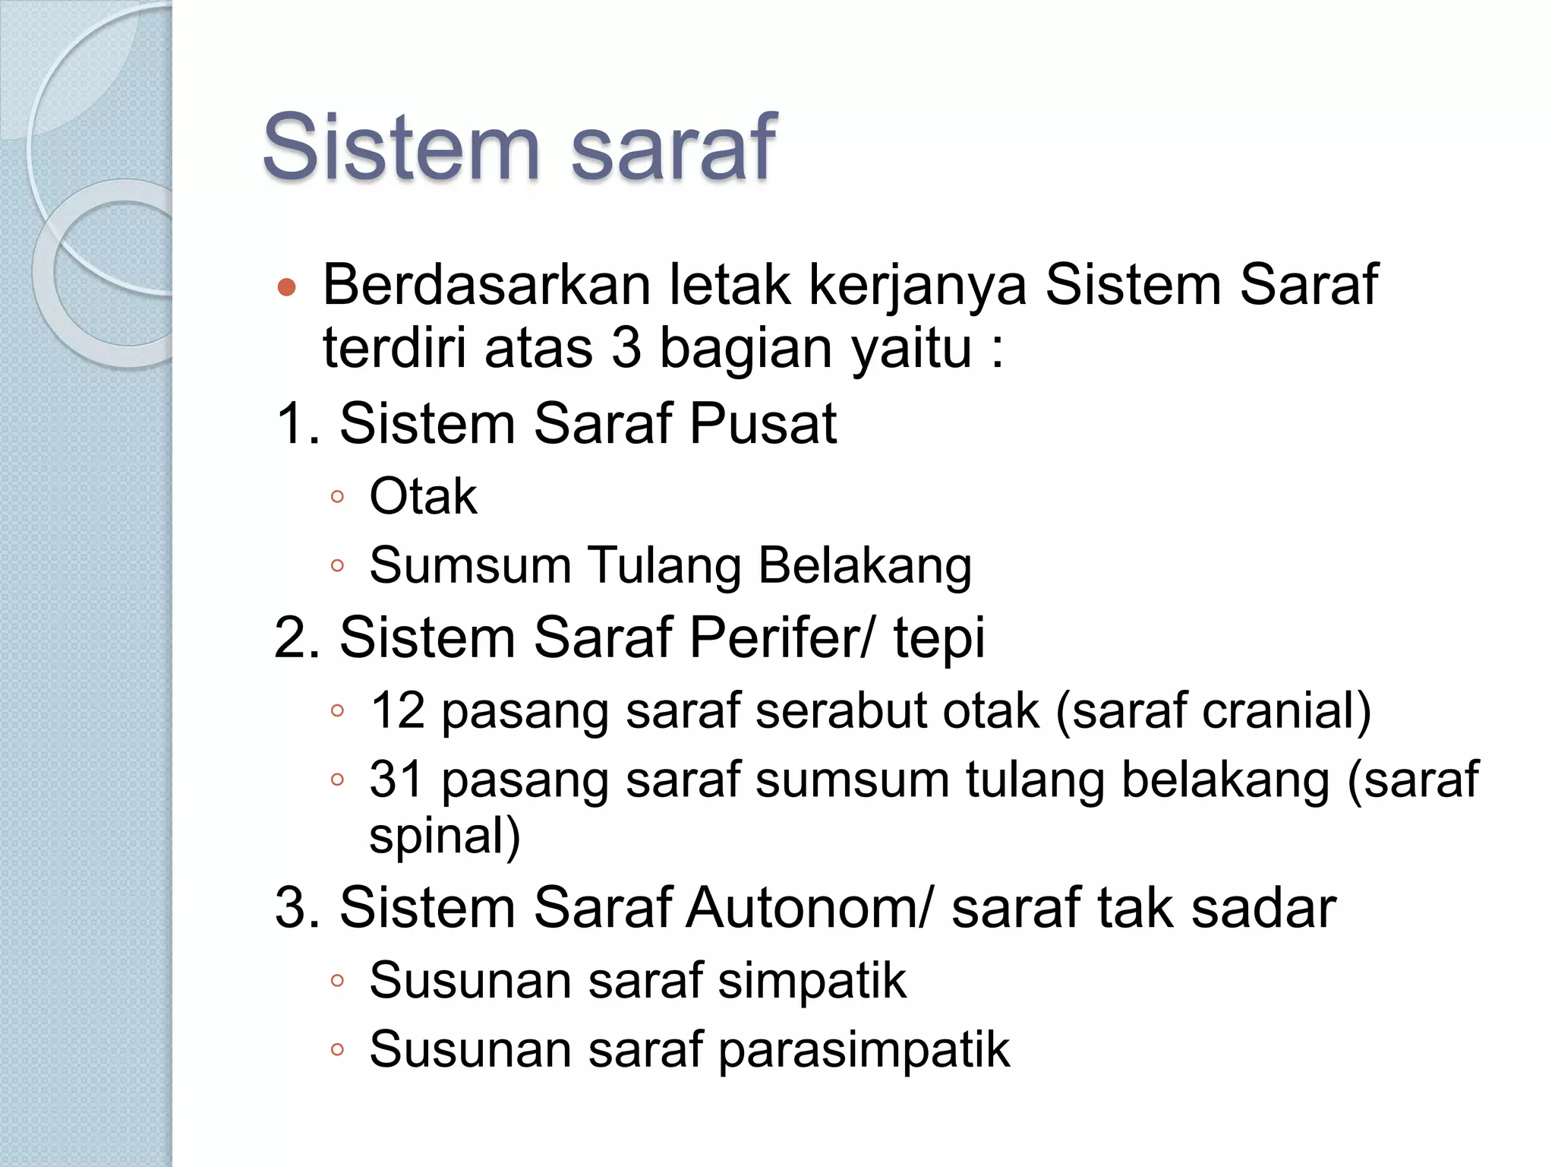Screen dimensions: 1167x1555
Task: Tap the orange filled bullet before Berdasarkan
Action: (x=286, y=287)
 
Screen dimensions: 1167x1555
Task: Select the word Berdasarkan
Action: (x=487, y=285)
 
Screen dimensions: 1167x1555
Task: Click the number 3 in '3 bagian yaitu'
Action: (x=626, y=349)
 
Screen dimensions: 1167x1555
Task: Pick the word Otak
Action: (x=423, y=497)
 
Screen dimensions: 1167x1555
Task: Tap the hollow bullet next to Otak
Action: (x=338, y=498)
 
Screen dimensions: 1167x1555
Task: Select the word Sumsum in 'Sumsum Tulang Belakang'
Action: (x=470, y=566)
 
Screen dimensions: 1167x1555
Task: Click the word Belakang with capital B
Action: (x=865, y=566)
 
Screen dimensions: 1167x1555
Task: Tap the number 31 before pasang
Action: (x=396, y=780)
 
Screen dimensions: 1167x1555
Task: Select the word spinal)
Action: (x=445, y=837)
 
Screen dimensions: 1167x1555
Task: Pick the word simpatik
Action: (x=812, y=981)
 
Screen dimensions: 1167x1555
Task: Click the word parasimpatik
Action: (x=863, y=1050)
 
